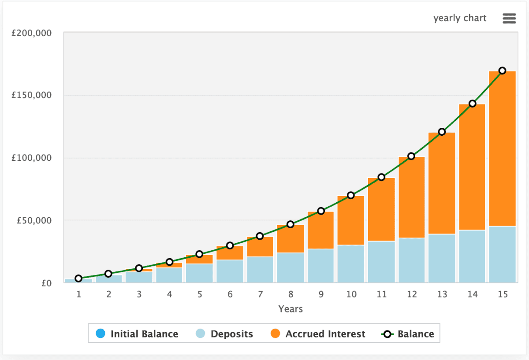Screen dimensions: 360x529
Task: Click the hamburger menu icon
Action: [509, 19]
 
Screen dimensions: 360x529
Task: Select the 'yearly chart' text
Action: [460, 19]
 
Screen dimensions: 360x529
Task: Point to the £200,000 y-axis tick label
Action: [31, 33]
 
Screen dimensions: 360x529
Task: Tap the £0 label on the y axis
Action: [46, 283]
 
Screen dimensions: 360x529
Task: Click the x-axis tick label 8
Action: [291, 294]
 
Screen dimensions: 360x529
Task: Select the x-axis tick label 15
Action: [502, 294]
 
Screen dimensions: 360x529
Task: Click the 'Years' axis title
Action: [291, 309]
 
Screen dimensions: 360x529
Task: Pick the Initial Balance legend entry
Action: [138, 334]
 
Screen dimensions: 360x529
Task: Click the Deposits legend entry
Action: [225, 334]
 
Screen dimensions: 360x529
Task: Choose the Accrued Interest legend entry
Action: [318, 334]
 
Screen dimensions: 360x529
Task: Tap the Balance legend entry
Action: [408, 334]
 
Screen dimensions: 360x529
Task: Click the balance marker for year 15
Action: [502, 71]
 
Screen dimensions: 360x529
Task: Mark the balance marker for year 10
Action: [351, 195]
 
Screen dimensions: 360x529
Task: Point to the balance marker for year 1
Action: [78, 278]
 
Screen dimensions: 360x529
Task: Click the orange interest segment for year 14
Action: [472, 167]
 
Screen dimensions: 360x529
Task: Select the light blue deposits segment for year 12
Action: [411, 260]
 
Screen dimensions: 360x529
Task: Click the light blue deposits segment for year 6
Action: [230, 271]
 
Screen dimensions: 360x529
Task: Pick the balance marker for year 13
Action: [442, 132]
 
